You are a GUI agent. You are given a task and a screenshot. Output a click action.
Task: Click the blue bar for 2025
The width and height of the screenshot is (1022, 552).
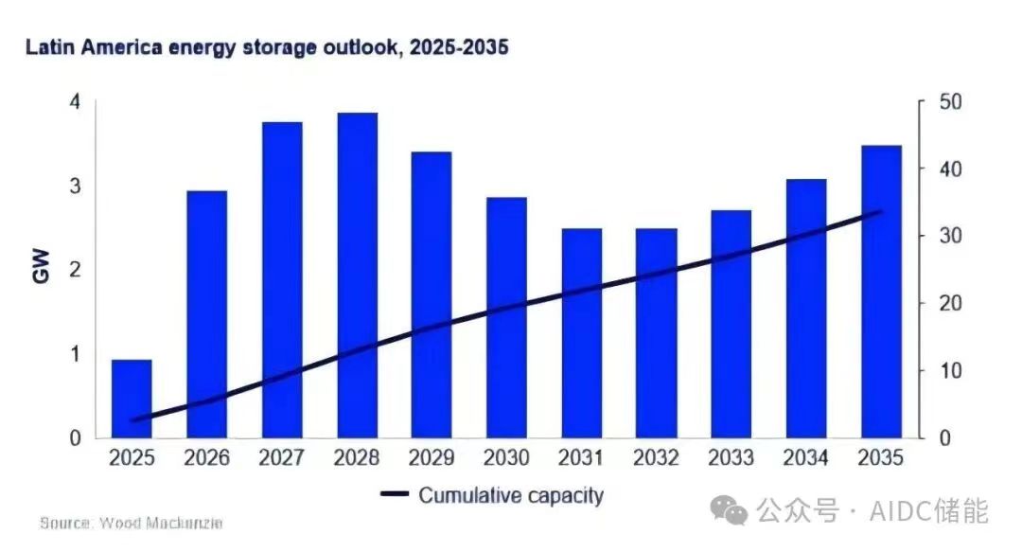(132, 398)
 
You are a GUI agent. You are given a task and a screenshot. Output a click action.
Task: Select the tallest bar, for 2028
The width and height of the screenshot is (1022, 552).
(357, 276)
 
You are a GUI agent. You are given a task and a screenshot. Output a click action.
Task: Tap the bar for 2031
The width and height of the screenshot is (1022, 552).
(582, 332)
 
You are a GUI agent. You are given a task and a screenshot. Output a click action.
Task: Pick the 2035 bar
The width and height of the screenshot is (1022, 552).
(881, 292)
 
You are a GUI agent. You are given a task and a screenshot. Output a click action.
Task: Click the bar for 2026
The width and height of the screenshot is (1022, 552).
(206, 314)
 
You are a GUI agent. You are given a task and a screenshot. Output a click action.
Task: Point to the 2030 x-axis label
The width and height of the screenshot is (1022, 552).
(506, 457)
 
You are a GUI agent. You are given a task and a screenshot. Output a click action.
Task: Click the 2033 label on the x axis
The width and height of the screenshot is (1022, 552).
(731, 457)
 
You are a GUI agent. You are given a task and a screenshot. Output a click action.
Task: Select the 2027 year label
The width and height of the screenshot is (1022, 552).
(282, 457)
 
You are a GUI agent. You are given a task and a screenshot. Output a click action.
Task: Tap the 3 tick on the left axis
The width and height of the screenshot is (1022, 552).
(76, 186)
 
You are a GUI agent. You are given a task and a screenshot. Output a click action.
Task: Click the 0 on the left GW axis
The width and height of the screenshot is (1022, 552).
(76, 437)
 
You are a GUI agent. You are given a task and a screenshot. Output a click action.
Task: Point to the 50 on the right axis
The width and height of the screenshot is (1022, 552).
(950, 102)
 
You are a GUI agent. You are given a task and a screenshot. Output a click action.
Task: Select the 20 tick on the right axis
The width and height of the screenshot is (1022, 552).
(950, 303)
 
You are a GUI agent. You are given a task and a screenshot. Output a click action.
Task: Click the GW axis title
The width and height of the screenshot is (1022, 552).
(41, 265)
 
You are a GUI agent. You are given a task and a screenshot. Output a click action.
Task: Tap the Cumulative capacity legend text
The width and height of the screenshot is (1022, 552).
(511, 496)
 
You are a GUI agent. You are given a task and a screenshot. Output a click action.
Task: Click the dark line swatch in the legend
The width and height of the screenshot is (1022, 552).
(395, 494)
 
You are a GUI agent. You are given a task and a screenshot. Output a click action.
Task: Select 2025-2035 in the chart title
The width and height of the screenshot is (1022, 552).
(459, 47)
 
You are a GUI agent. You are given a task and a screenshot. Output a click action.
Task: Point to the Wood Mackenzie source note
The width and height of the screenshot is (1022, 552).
(131, 523)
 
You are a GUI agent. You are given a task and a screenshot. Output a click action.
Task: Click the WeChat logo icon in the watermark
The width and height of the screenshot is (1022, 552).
(729, 510)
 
